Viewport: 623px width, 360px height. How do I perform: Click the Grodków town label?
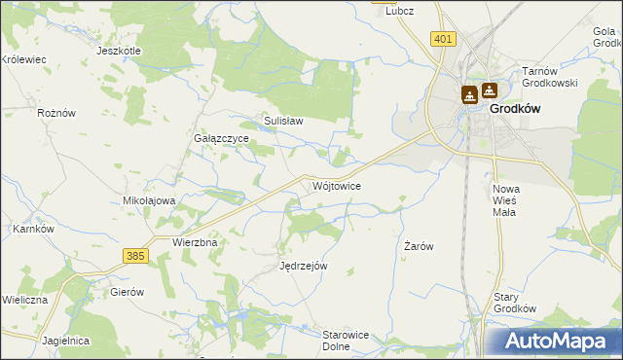[515, 110]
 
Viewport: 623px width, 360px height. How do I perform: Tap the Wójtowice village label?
[339, 186]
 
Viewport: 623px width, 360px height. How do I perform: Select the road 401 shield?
[443, 39]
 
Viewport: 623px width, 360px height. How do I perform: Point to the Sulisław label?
[284, 122]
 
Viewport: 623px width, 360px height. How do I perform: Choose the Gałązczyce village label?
[222, 139]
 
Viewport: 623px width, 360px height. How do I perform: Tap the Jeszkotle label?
[120, 51]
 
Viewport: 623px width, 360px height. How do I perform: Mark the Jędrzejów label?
[304, 266]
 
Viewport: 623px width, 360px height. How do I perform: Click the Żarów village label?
[418, 247]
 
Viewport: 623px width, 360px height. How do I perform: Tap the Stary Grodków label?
[515, 303]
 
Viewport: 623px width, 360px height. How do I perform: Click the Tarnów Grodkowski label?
[550, 77]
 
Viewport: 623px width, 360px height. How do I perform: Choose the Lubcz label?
[400, 11]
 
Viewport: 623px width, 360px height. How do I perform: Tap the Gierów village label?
[128, 292]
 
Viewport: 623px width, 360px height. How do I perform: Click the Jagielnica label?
[66, 342]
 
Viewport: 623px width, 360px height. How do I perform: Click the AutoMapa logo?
[557, 342]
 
